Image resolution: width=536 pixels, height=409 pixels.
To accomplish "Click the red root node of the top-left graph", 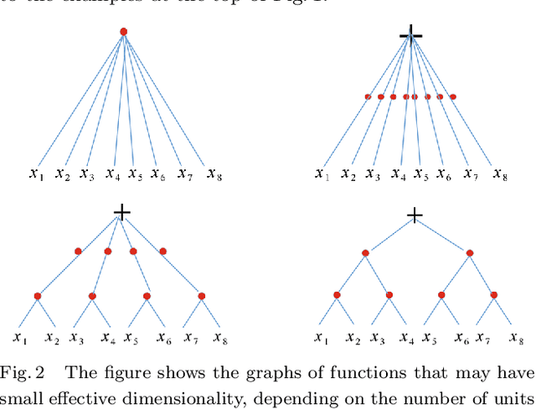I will coord(123,32).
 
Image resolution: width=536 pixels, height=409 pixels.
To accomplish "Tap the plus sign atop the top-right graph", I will coord(410,34).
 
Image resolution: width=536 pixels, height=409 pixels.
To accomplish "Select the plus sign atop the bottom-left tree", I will coord(122,213).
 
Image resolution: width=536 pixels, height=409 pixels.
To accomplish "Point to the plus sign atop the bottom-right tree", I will coord(414,216).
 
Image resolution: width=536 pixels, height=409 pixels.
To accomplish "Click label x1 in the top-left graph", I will coord(36,174).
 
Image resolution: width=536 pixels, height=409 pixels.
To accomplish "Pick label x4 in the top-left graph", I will coord(112,174).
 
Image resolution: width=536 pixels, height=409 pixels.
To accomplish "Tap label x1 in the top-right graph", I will coord(322,174).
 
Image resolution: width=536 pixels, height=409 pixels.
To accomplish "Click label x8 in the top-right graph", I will coord(500,174).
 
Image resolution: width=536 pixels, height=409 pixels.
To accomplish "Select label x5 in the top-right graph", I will coord(421,174).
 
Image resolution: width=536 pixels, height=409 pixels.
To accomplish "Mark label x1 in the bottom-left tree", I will coord(21,338).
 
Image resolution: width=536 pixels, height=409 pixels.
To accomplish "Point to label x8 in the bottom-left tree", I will coord(220,338).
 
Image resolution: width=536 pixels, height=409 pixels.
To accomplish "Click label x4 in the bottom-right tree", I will coord(406,338).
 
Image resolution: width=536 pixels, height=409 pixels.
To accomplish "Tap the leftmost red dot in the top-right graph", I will coord(368,97).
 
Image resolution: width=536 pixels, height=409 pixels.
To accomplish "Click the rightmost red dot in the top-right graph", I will coord(453,97).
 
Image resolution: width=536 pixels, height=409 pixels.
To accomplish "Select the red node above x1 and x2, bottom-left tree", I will coord(38,296).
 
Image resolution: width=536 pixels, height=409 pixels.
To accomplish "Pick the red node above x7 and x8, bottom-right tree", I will coord(494,294).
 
